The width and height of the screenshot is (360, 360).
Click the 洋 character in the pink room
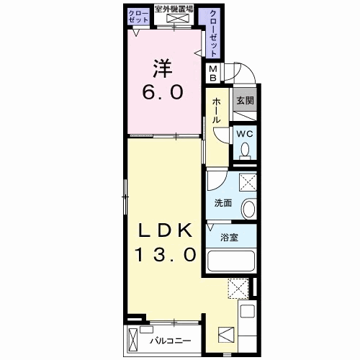163,68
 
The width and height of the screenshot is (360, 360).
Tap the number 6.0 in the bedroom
163,92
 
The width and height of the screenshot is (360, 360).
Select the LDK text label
166,230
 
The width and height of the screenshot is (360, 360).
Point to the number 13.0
166,254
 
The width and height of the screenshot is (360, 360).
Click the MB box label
213,73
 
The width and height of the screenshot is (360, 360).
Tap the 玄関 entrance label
245,101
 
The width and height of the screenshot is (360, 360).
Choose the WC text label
245,134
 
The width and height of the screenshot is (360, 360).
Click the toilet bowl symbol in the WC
245,149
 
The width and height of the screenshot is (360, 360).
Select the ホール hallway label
216,111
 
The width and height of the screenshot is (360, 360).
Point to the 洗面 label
223,203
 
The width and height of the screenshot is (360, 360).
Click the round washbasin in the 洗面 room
249,209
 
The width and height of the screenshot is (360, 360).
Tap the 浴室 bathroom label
229,238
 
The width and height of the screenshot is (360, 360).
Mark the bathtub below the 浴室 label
231,261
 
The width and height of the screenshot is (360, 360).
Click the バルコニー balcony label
171,341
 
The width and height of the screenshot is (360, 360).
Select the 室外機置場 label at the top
174,9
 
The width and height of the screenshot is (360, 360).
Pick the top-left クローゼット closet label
138,17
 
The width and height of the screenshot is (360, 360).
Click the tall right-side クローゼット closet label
213,33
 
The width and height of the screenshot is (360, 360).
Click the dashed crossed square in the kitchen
238,289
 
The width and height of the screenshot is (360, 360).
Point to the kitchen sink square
248,311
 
